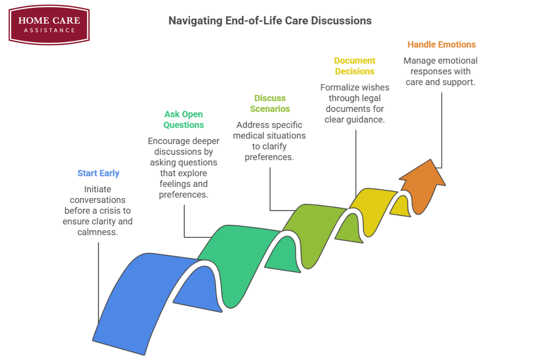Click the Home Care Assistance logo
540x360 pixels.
click(49, 25)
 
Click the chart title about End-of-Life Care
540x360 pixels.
click(270, 21)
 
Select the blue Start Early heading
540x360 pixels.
click(98, 173)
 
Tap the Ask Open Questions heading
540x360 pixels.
click(184, 120)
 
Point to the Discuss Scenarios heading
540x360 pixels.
click(270, 103)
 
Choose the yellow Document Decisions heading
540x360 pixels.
click(355, 66)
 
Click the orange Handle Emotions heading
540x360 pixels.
click(442, 45)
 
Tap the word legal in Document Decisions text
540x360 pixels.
click(372, 98)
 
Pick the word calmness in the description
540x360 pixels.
click(97, 232)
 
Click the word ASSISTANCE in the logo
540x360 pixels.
click(49, 30)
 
